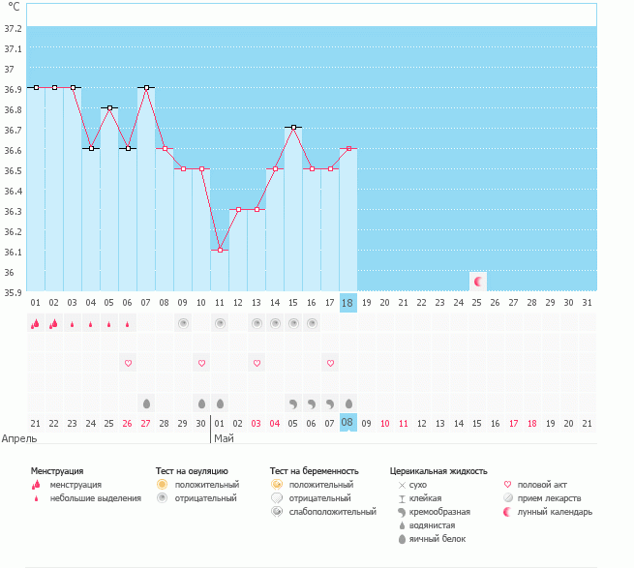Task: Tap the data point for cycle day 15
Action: coord(293,128)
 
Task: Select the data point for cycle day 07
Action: coord(146,87)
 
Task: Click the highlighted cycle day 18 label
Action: coord(348,303)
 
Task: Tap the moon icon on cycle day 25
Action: coord(478,281)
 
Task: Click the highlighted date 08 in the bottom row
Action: coord(348,423)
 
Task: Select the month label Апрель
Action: coord(19,438)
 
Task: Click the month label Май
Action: coord(224,438)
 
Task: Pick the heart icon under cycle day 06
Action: coord(128,363)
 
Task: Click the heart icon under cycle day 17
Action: coord(330,363)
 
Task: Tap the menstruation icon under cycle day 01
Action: coord(36,324)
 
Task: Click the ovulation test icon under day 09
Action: coord(183,323)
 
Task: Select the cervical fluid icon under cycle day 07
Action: coord(146,403)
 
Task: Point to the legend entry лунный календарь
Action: coord(555,512)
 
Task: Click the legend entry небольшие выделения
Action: coord(95,498)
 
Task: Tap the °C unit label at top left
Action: coord(14,8)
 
